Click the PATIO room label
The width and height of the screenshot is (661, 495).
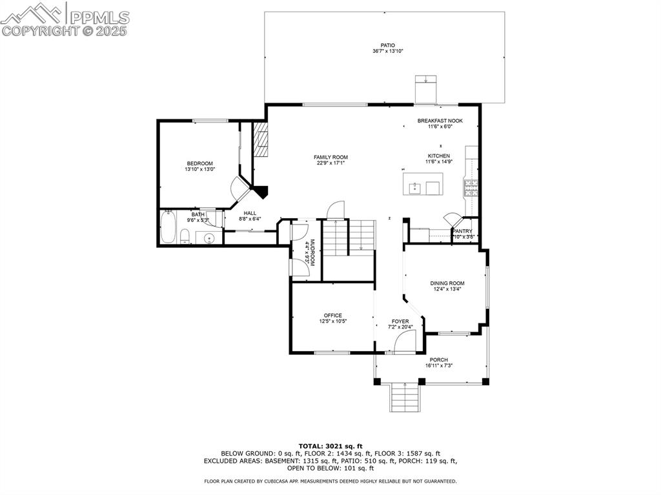[388, 45]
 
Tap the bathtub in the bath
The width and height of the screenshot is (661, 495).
[167, 227]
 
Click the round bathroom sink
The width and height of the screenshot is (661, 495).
[210, 239]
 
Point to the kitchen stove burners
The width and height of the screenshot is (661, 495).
[471, 188]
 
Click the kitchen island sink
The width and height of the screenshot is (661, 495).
[415, 188]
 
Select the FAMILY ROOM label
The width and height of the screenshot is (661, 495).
[330, 157]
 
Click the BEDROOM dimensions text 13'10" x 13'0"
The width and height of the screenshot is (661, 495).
[200, 169]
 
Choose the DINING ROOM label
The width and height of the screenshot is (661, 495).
[447, 283]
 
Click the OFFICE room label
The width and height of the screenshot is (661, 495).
[333, 316]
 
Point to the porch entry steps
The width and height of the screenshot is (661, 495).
[405, 397]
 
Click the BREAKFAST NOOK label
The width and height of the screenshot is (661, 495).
[440, 121]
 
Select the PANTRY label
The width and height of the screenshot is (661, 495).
[462, 231]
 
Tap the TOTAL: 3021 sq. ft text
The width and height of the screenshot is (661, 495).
[330, 446]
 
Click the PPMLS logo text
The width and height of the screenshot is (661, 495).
[99, 17]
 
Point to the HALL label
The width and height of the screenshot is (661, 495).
[250, 214]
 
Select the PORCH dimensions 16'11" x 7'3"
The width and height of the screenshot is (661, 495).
[439, 365]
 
